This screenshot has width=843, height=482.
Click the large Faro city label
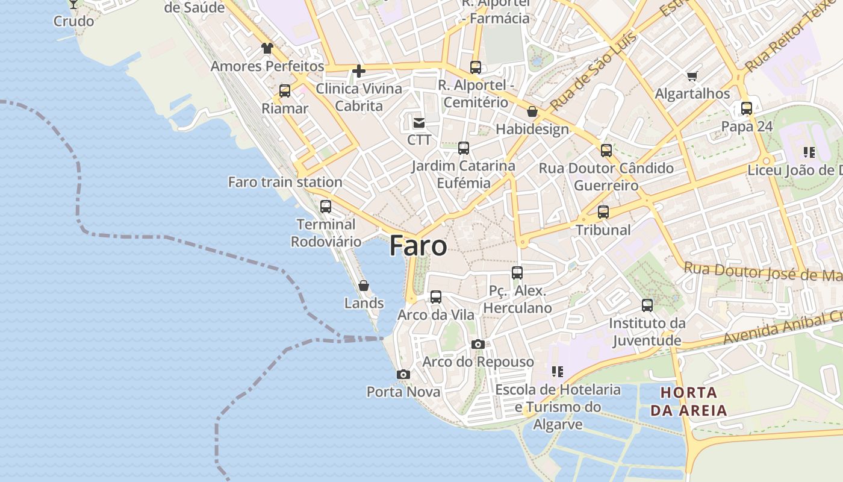tap(418, 246)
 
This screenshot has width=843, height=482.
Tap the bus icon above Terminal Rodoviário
tap(326, 207)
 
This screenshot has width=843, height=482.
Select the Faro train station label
tap(285, 182)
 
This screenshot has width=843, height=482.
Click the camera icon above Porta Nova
tap(403, 375)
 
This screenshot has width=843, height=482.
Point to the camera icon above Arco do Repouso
tap(478, 345)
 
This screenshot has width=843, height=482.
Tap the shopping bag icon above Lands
tap(364, 286)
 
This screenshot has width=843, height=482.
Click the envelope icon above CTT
tap(418, 123)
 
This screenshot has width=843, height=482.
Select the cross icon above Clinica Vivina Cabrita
tap(359, 72)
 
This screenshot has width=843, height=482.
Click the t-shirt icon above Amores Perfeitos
tap(267, 48)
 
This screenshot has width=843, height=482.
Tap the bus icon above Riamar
tap(285, 92)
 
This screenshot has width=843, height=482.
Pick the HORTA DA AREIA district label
tap(692, 402)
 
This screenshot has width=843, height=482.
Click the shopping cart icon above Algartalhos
tap(692, 77)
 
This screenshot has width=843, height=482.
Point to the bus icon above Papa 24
tap(747, 109)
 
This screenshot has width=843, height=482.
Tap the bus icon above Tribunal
tap(603, 212)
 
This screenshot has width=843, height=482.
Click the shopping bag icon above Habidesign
tap(532, 111)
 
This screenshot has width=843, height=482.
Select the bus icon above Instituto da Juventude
tap(647, 305)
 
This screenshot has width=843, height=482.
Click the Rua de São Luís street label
tap(593, 72)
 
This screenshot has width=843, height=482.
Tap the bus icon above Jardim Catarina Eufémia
tap(464, 148)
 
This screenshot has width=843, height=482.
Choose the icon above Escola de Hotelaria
tap(558, 372)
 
